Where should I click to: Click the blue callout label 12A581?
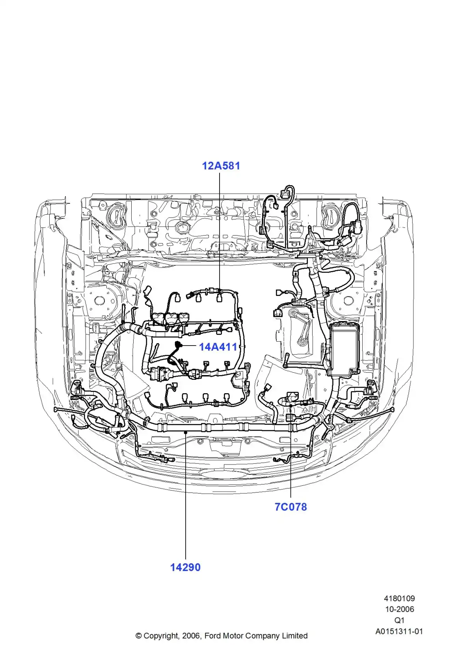pyautogui.click(x=221, y=165)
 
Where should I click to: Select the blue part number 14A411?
pyautogui.click(x=218, y=347)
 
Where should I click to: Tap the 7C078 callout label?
pyautogui.click(x=291, y=507)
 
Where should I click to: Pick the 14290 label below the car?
pyautogui.click(x=185, y=567)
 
